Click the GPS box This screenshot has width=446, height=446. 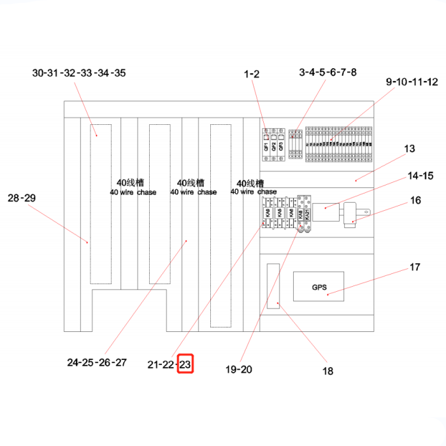pyautogui.click(x=319, y=287)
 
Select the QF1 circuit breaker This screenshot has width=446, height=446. pyautogui.click(x=266, y=143)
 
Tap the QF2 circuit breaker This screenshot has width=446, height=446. pyautogui.click(x=273, y=143)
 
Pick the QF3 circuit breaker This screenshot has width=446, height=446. pyautogui.click(x=281, y=143)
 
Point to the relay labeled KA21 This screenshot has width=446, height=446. pyautogui.click(x=308, y=213)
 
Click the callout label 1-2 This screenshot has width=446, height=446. pyautogui.click(x=252, y=74)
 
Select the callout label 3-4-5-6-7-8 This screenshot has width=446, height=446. pyautogui.click(x=327, y=72)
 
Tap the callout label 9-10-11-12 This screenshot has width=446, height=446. pyautogui.click(x=412, y=82)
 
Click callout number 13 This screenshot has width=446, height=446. pyautogui.click(x=409, y=149)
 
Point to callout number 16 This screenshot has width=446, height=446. pyautogui.click(x=415, y=200)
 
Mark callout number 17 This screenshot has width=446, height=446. pyautogui.click(x=415, y=268)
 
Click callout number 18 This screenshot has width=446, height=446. pyautogui.click(x=327, y=371)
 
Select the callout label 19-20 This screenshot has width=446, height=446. pyautogui.click(x=239, y=369)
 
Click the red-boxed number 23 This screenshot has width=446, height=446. pyautogui.click(x=185, y=364)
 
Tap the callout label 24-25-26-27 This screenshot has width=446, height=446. pyautogui.click(x=97, y=363)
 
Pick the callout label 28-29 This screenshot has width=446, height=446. pyautogui.click(x=22, y=198)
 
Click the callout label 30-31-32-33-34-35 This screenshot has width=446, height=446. pyautogui.click(x=79, y=73)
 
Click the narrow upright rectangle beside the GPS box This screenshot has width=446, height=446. pyautogui.click(x=273, y=287)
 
